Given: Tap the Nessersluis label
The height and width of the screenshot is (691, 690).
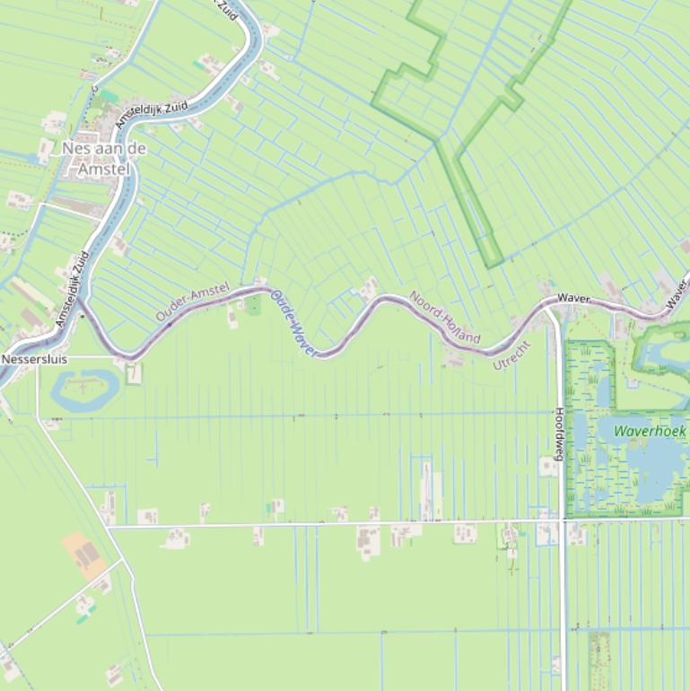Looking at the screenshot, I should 34,359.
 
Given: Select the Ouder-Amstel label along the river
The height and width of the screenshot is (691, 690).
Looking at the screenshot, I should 192,302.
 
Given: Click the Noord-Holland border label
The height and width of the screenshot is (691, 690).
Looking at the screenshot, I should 445,318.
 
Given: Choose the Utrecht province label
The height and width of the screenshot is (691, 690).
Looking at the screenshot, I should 512,355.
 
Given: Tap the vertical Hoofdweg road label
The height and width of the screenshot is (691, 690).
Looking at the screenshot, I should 558,434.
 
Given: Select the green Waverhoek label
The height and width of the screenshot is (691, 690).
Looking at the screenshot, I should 649,432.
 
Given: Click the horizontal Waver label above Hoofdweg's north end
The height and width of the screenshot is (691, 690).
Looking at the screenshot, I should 573,298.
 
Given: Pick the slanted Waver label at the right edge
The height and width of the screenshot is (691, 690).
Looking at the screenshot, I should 678,295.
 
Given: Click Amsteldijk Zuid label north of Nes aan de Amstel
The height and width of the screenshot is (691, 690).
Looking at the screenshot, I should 153,115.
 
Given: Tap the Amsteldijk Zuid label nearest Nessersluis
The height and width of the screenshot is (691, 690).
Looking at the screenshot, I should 72,288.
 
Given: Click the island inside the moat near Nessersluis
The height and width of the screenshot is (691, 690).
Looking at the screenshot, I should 84,387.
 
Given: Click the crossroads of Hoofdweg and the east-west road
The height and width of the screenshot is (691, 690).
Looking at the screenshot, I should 563,520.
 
